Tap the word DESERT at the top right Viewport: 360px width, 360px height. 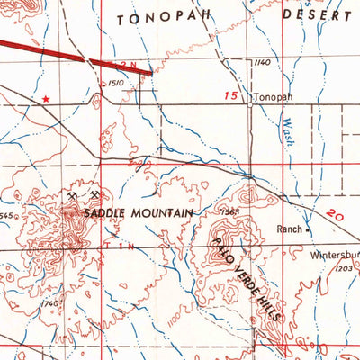(x=318, y=15)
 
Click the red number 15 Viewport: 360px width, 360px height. (x=233, y=94)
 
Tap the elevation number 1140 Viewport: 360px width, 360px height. (x=262, y=62)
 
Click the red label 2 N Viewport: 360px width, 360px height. (x=129, y=65)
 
